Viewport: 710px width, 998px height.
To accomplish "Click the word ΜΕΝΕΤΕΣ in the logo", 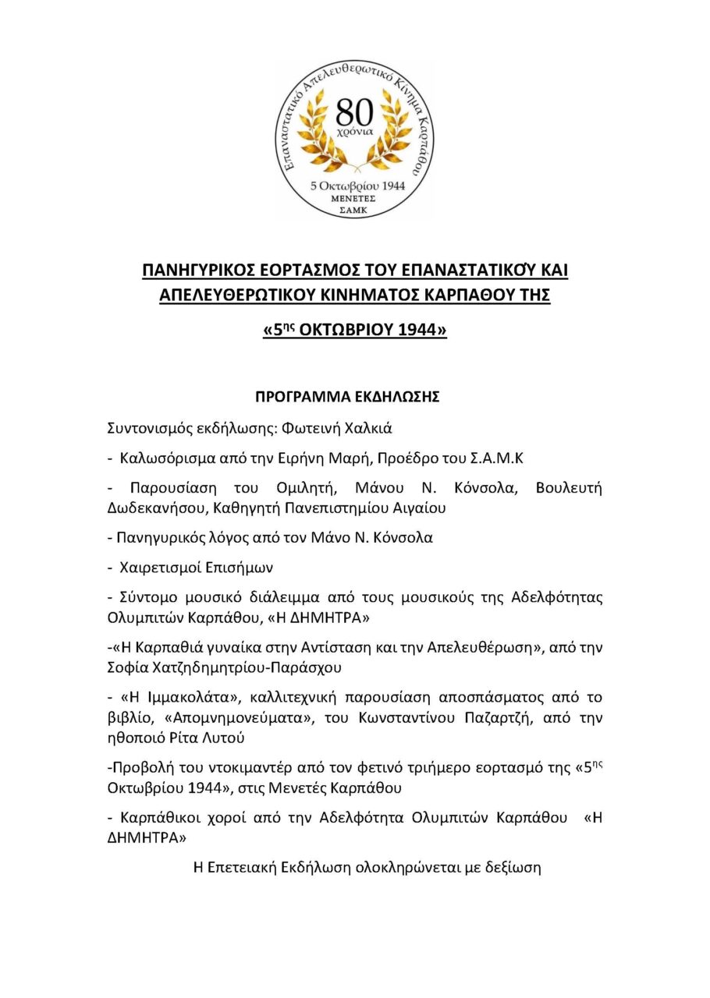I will [355, 199].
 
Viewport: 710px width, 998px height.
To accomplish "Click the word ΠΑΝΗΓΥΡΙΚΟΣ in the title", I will [203, 271].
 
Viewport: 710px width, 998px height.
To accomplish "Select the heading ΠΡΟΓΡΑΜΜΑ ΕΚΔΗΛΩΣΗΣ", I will [348, 397].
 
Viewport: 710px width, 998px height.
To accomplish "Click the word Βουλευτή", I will [569, 488].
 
